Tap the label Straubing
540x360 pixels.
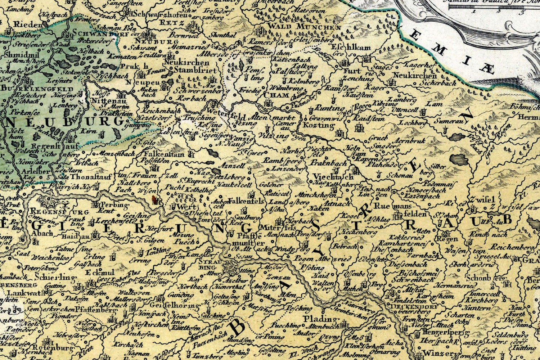coord(206,265)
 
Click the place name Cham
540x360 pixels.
coord(276,95)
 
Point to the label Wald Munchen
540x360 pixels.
coord(305,27)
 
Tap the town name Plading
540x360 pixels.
coord(319,319)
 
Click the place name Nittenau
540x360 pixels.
coord(107,102)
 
